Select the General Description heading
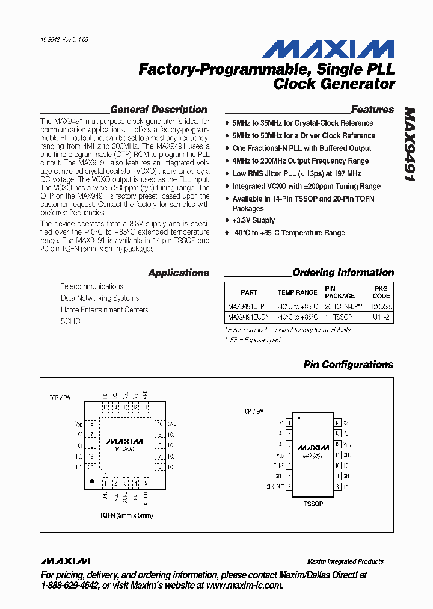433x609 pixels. pos(159,110)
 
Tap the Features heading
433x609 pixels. pos(372,110)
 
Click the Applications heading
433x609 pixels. pos(179,273)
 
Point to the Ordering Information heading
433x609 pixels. pos(343,273)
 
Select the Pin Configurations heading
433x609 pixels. pos(348,365)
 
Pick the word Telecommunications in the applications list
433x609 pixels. pos(92,286)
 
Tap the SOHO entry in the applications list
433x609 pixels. pos(70,321)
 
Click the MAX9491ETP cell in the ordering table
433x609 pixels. pos(246,306)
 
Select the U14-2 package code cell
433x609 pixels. pos(381,317)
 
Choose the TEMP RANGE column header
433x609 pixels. pos(297,292)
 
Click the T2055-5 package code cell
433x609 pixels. pos(381,306)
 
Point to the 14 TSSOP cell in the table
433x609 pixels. pos(339,317)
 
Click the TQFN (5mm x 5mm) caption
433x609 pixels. pos(126,515)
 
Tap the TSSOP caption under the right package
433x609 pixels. pos(313,503)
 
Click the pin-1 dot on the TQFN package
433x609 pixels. pos(91,481)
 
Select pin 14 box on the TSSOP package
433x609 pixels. pos(338,422)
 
